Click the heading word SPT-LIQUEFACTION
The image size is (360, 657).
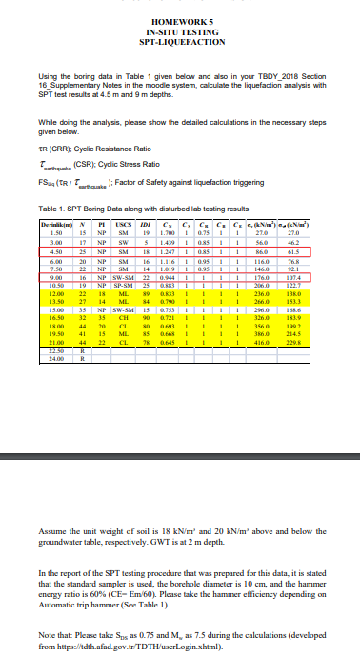click(x=180, y=45)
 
